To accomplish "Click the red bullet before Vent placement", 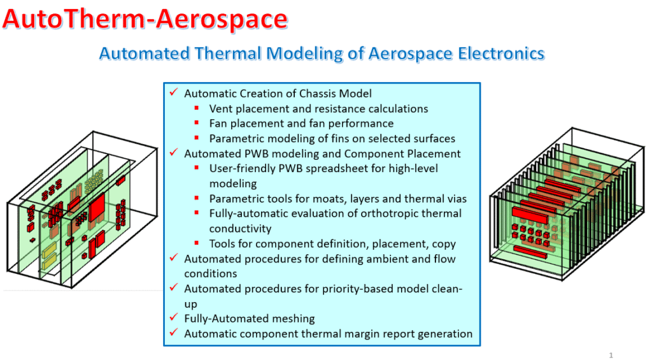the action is (197, 108).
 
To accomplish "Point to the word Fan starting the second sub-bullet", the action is (218, 124).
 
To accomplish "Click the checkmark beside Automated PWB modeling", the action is (174, 152).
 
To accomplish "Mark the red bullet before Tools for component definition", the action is (197, 243).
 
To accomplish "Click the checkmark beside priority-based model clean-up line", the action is (174, 287).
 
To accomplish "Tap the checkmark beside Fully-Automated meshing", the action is (174, 317).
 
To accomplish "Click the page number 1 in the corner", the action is (611, 355).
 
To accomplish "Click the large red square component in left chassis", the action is (97, 206).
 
